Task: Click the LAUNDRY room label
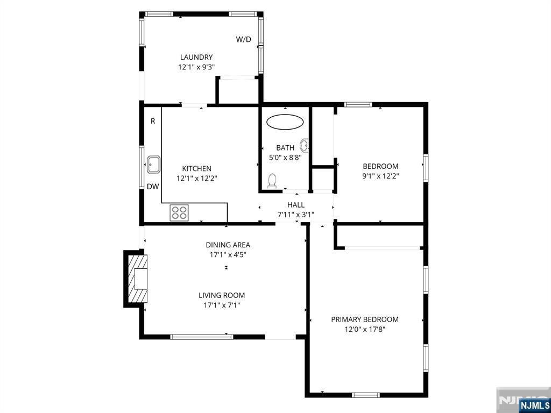click(x=196, y=57)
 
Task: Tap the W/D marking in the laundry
click(x=244, y=39)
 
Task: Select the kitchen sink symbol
click(x=153, y=165)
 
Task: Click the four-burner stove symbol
click(x=179, y=212)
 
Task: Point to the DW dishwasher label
click(x=153, y=187)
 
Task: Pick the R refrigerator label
click(x=153, y=121)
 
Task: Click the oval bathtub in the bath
click(x=285, y=122)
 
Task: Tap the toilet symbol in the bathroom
click(x=272, y=181)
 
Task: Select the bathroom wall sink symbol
click(x=305, y=145)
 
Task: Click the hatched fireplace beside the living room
click(x=137, y=279)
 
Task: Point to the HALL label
click(x=296, y=205)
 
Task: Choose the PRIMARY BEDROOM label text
click(x=365, y=319)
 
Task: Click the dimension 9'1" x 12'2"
click(x=380, y=176)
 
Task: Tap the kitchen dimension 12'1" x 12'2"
click(x=197, y=179)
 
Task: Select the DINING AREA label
click(x=228, y=245)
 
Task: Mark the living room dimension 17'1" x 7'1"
click(x=222, y=305)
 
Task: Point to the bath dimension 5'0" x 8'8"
click(x=285, y=158)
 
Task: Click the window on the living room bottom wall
click(x=201, y=337)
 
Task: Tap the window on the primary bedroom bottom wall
click(x=366, y=395)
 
